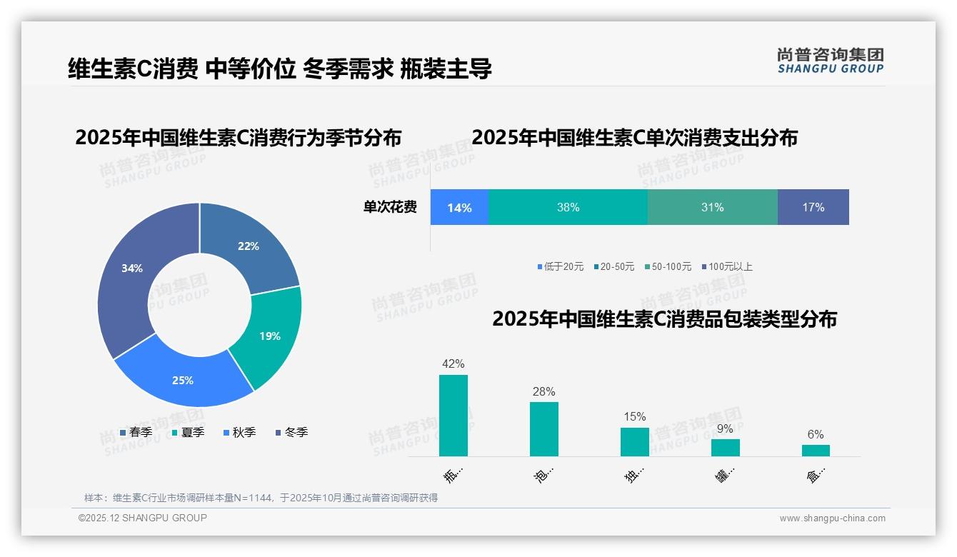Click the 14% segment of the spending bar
click(459, 207)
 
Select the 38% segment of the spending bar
click(568, 207)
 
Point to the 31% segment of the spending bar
click(712, 207)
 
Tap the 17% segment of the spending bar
click(813, 207)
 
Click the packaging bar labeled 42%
click(454, 416)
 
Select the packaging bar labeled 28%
click(544, 429)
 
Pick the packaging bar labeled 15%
click(634, 442)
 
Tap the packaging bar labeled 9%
click(725, 448)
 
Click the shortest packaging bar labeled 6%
click(816, 451)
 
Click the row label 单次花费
click(390, 207)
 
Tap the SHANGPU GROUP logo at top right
click(830, 61)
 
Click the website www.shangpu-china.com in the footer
click(832, 518)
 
